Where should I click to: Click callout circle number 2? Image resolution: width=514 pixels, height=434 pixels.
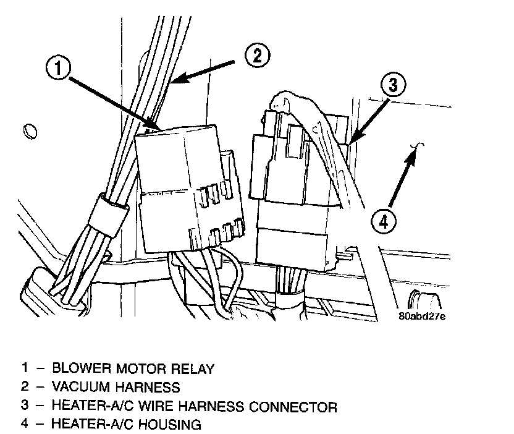(x=256, y=56)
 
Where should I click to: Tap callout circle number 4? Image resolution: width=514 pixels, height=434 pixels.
(x=383, y=221)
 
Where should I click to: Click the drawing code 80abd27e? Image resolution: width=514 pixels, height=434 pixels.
(x=423, y=316)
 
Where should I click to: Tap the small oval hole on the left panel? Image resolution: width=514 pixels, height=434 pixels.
(x=28, y=131)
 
